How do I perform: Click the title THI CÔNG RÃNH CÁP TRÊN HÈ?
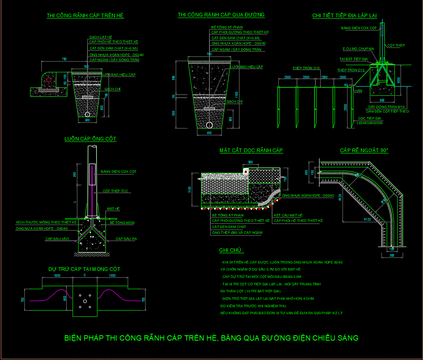click(x=85, y=16)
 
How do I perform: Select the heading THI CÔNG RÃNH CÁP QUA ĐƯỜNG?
click(x=221, y=15)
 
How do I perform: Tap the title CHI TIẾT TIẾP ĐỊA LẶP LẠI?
click(x=344, y=16)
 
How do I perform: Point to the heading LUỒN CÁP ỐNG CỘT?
click(x=90, y=139)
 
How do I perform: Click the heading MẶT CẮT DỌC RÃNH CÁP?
click(x=251, y=151)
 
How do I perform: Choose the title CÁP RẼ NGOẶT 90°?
click(x=364, y=151)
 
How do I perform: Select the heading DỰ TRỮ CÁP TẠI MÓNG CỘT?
click(x=85, y=269)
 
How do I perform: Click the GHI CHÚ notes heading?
click(x=231, y=250)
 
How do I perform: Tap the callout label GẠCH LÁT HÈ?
click(x=101, y=38)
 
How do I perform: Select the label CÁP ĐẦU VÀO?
click(x=57, y=239)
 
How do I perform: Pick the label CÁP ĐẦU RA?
click(x=126, y=239)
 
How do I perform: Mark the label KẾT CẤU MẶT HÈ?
click(x=288, y=215)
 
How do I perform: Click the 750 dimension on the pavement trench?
click(x=64, y=59)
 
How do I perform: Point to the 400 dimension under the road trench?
click(x=209, y=133)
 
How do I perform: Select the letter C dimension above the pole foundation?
click(x=85, y=275)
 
